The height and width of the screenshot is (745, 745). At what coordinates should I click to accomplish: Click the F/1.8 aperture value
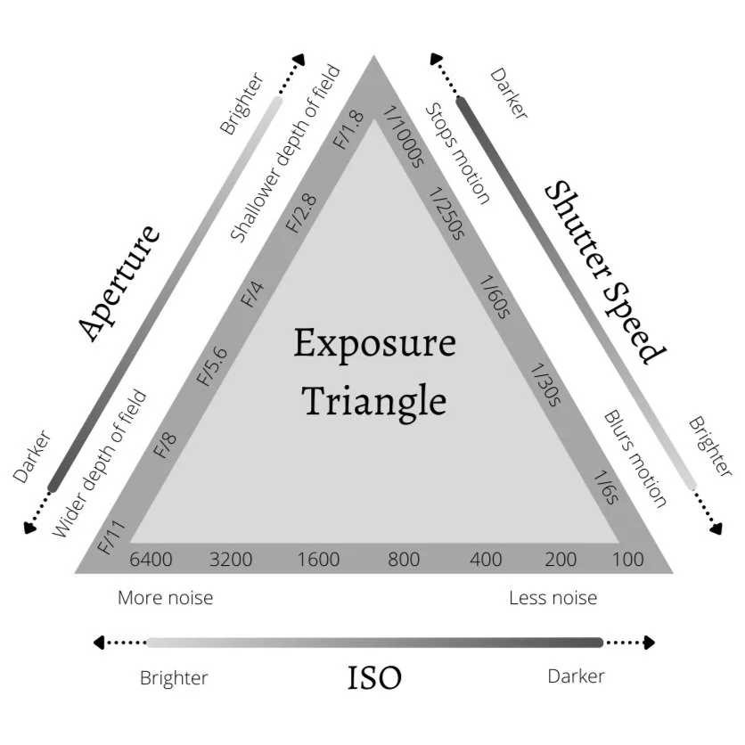point(348,130)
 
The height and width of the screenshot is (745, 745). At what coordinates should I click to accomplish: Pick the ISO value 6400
point(151,560)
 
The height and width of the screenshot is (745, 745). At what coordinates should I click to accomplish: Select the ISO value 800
point(404,560)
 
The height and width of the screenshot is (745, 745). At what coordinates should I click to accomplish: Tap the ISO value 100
point(628,560)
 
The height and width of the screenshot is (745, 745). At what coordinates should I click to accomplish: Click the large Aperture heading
point(119,282)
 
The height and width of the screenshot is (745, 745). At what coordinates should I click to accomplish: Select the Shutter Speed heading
point(606,272)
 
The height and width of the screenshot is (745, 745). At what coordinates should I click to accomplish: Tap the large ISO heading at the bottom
point(374,678)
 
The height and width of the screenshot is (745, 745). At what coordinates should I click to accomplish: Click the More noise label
point(166,597)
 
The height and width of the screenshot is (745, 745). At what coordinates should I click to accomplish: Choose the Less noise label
point(553,597)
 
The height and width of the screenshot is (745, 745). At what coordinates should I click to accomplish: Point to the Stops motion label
point(457,152)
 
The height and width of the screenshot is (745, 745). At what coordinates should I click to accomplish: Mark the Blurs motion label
point(634,458)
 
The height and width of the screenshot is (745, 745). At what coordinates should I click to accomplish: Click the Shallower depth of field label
point(284,153)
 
